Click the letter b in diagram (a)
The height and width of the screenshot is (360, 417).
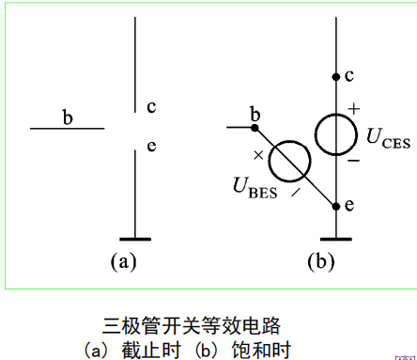68,117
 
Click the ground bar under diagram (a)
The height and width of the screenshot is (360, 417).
135,239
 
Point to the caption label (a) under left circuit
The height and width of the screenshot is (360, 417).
124,261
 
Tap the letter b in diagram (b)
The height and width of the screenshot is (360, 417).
255,116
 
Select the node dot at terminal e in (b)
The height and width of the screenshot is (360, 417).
335,204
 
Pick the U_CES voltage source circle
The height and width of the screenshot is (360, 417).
335,134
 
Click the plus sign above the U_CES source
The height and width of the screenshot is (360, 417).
354,109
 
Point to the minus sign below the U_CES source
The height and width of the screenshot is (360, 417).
355,160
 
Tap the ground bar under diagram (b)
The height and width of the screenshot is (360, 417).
335,239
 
